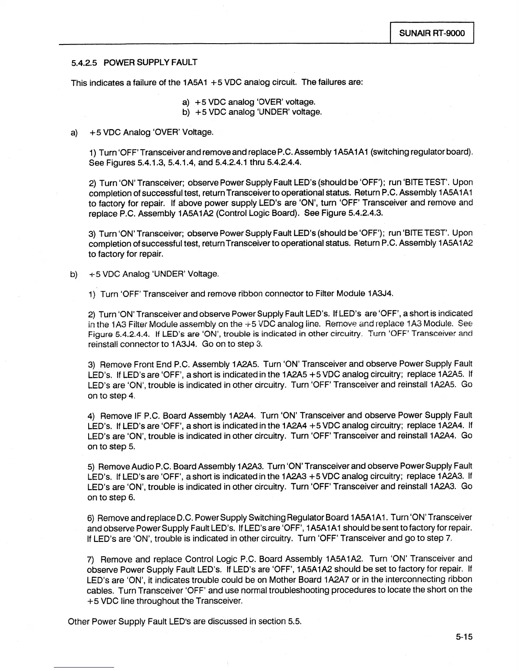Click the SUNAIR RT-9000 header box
pos(432,33)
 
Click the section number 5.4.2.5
pos(84,63)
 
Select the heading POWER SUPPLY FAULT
pos(151,63)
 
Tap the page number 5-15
pos(462,637)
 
